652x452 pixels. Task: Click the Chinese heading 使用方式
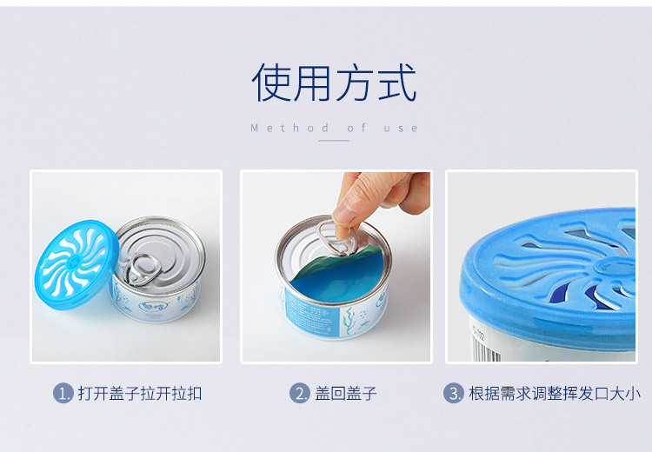pyautogui.click(x=334, y=82)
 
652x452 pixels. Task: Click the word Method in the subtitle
pyautogui.click(x=289, y=128)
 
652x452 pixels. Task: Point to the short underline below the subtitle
pyautogui.click(x=334, y=141)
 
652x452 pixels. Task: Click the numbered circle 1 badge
pyautogui.click(x=63, y=393)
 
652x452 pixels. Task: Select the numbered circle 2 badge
pyautogui.click(x=300, y=393)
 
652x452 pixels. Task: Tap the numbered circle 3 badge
pyautogui.click(x=454, y=393)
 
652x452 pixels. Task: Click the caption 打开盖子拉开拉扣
pyautogui.click(x=140, y=394)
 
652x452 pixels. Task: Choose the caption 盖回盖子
pyautogui.click(x=345, y=394)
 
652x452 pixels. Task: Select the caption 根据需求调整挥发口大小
pyautogui.click(x=555, y=394)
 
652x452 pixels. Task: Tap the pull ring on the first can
pyautogui.click(x=143, y=269)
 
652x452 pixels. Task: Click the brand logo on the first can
pyautogui.click(x=154, y=307)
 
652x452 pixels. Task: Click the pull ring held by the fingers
pyautogui.click(x=337, y=238)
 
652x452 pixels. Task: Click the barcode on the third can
pyautogui.click(x=487, y=349)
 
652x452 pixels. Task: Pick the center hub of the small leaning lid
pyautogui.click(x=74, y=262)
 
